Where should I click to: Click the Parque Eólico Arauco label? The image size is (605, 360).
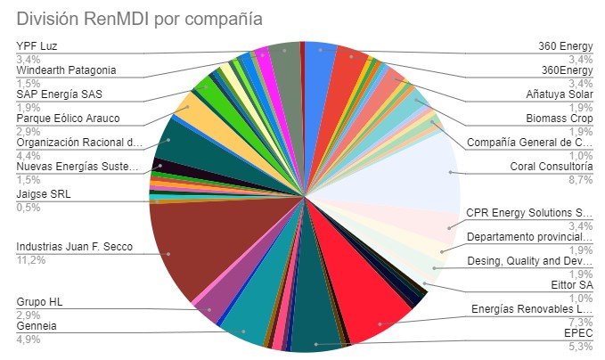[x=69, y=119]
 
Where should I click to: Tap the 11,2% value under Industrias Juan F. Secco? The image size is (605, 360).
[x=31, y=260]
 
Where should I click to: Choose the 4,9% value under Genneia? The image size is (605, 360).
[x=29, y=340]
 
